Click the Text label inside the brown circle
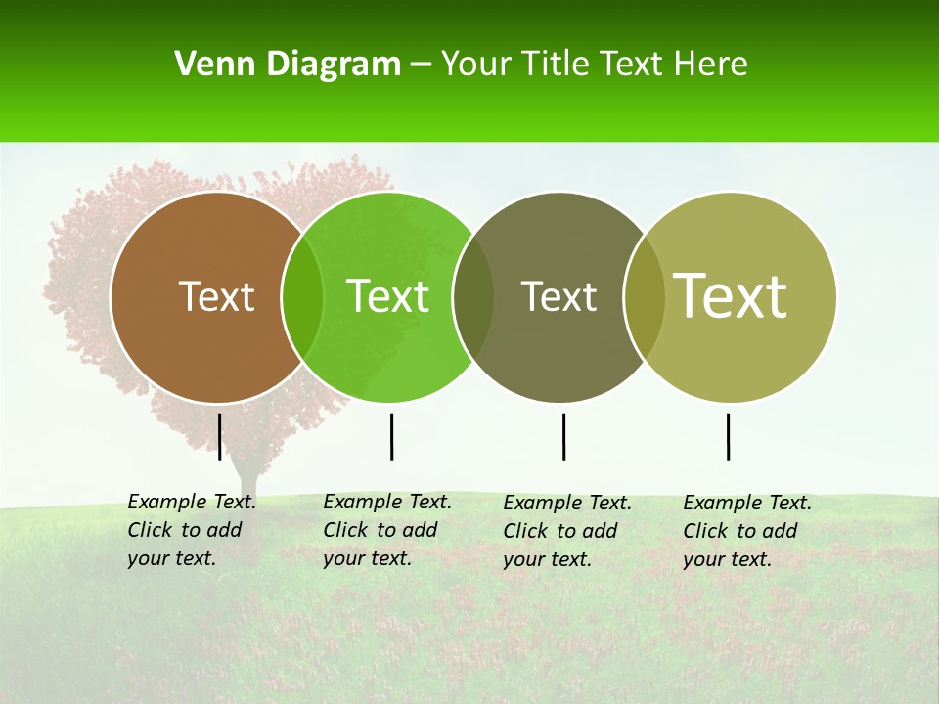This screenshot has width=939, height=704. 216,296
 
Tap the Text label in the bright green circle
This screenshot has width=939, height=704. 388,296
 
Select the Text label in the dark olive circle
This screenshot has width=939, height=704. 559,296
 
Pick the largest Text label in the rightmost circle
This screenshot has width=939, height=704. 731,295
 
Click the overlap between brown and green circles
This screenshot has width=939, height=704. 302,296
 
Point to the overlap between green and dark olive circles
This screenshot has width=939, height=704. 473,296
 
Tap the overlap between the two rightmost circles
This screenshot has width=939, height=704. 644,296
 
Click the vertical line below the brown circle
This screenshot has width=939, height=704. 220,436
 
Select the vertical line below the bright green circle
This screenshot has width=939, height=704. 391,436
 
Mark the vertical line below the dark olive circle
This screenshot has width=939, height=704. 563,436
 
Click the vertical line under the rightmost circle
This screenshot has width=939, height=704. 729,436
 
